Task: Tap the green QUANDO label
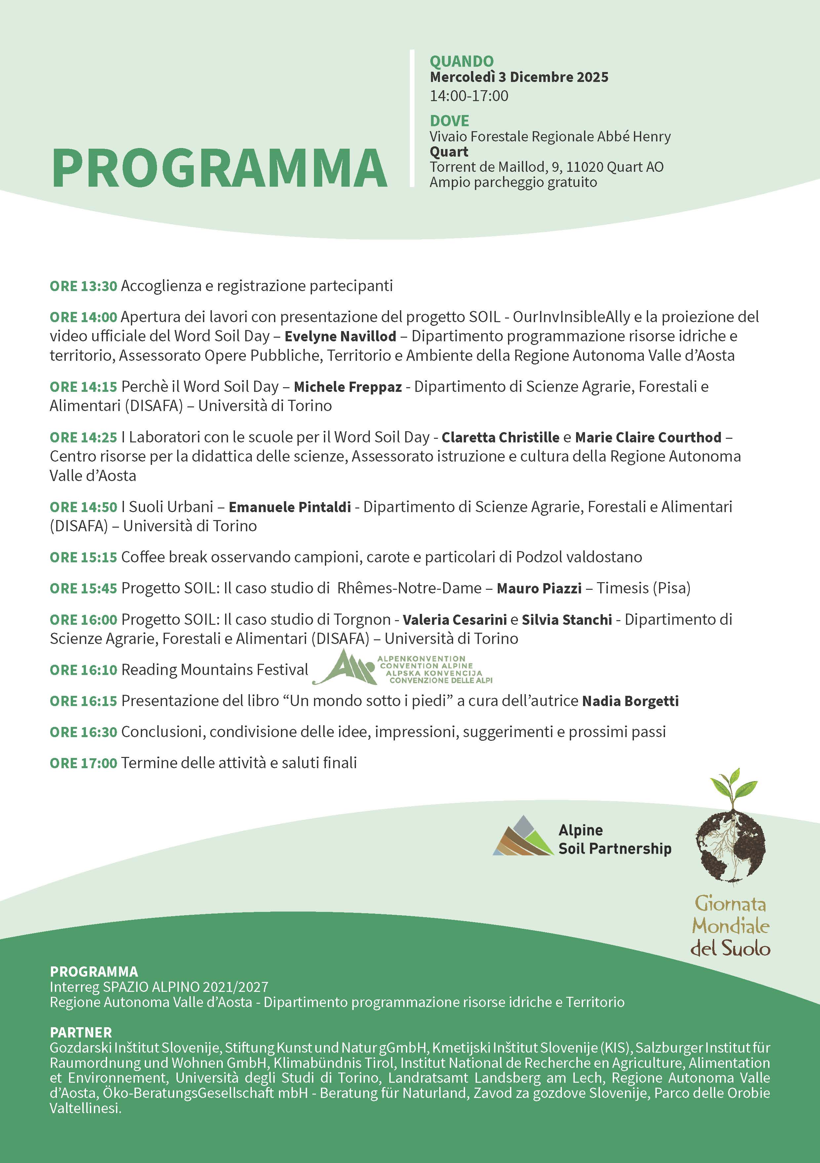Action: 461,61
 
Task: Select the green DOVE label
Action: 449,121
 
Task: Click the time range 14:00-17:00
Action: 469,96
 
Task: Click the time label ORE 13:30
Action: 83,286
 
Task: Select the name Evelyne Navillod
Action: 340,336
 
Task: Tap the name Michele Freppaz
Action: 348,387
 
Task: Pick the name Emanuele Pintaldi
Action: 290,507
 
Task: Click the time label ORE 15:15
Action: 83,557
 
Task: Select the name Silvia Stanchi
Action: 566,620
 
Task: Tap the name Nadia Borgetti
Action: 630,701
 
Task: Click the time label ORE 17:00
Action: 83,763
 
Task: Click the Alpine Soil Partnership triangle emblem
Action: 523,836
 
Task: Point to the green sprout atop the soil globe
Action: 732,784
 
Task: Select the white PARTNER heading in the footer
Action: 81,1032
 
